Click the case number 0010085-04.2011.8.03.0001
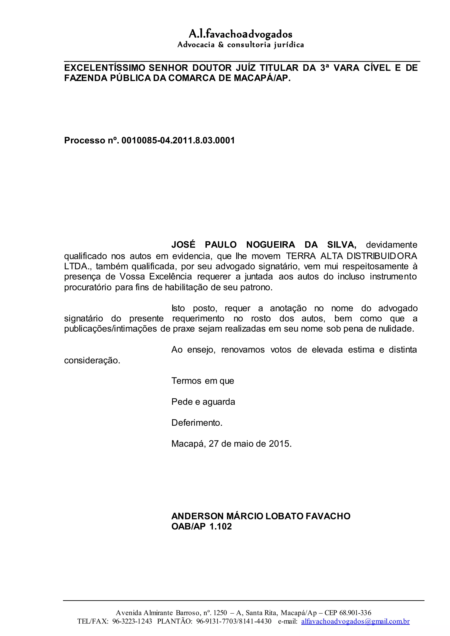point(178,140)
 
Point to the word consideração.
point(92,360)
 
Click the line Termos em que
point(203,381)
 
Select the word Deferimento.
point(197,423)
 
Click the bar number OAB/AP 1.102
point(201,526)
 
